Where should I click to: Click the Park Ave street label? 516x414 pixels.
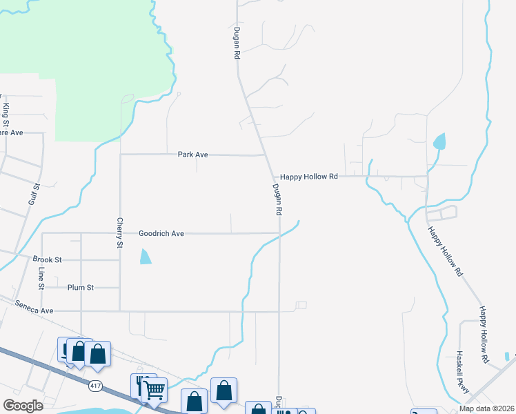pos(192,155)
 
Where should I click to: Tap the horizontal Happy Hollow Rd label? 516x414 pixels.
pos(309,177)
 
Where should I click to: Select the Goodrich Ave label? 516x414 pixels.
pos(161,234)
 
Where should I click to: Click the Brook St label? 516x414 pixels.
pos(48,259)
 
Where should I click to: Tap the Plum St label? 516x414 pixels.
pos(81,287)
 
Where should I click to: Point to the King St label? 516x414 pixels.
pos(6,115)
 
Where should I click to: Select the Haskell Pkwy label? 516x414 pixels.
pos(463,373)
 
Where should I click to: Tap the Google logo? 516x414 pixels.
pos(23,405)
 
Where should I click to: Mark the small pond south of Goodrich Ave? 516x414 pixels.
pos(145,257)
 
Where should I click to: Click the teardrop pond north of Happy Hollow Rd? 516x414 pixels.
pos(439,142)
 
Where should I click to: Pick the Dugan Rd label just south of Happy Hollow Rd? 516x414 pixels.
pos(277,200)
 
